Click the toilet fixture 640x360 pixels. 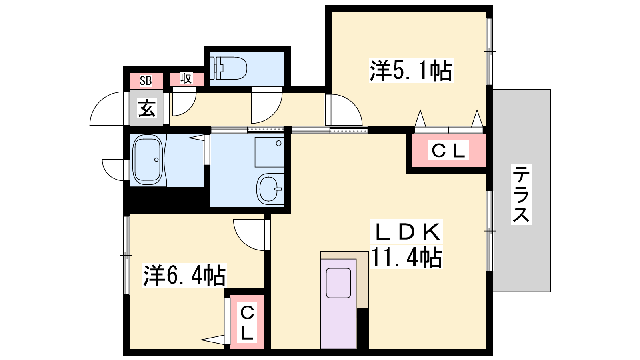coord(228,68)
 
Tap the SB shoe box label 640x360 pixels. coord(146,81)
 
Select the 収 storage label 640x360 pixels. coord(186,78)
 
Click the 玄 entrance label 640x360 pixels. coord(147,108)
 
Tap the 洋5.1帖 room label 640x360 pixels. coord(411,70)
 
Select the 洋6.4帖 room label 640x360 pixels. coord(184,275)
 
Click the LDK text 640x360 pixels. coord(406,232)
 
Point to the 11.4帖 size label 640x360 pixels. coord(406,257)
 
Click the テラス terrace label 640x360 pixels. coord(521,194)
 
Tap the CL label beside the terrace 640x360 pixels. coord(448,150)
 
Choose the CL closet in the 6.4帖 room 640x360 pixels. coord(247,323)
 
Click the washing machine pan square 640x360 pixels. coord(270,152)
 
